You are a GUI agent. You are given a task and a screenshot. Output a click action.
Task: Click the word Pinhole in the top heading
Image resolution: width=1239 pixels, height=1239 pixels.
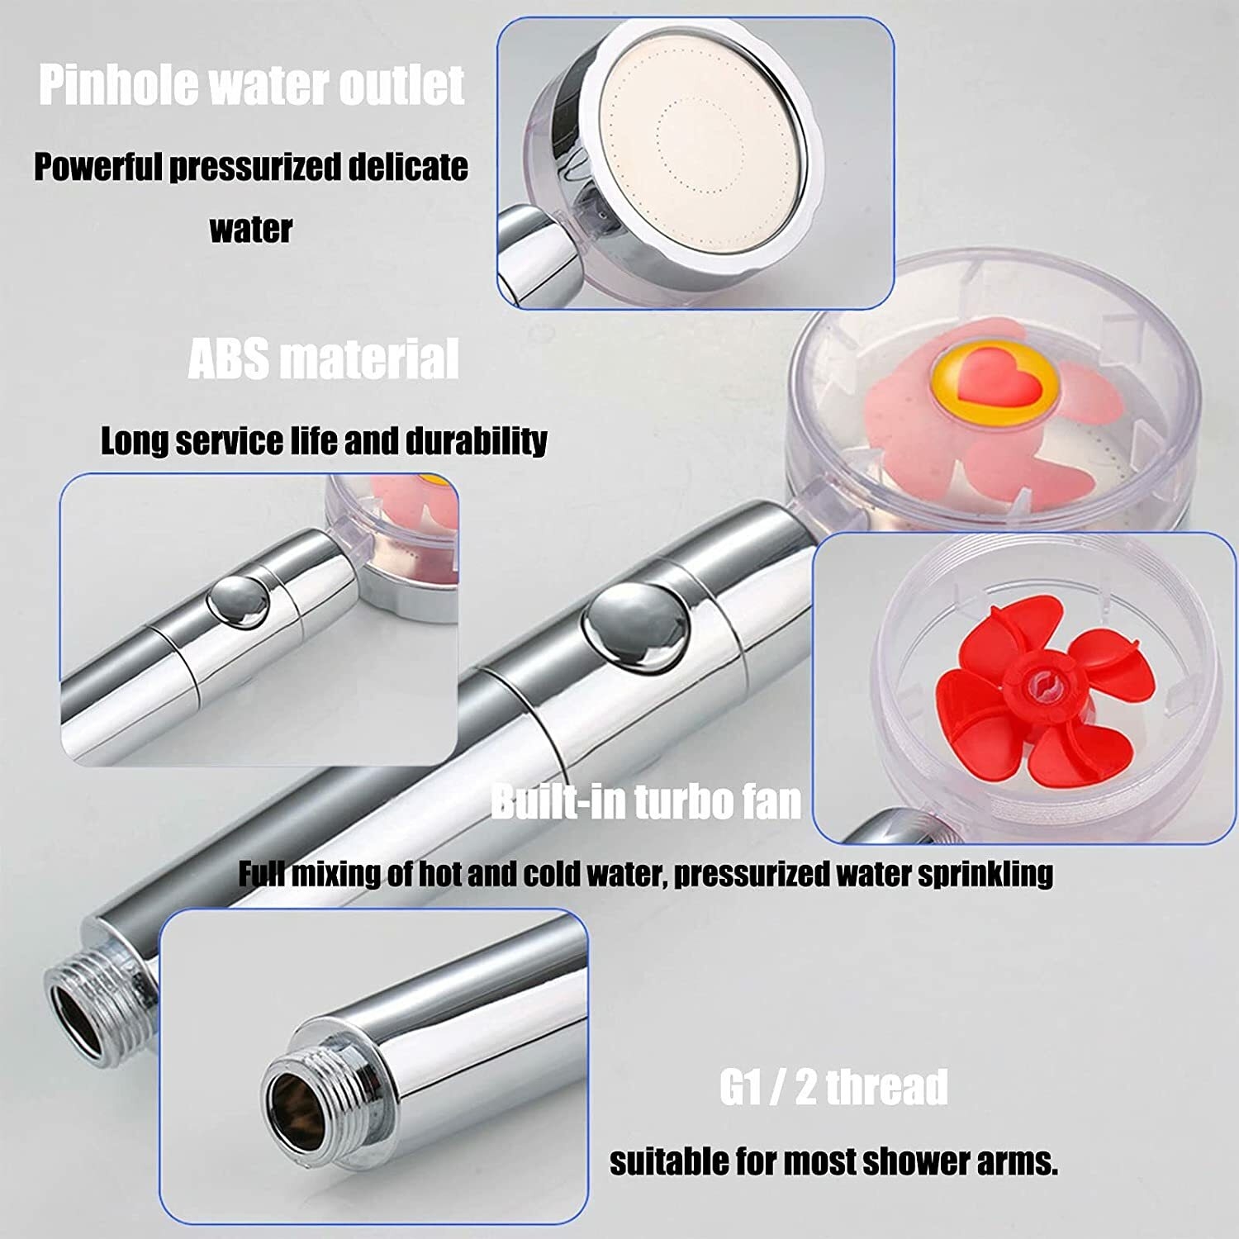[x=118, y=84]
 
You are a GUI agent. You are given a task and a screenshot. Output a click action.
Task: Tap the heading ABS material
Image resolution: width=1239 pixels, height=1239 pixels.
[x=323, y=358]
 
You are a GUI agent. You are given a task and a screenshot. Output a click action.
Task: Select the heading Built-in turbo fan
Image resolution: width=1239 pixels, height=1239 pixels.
[x=646, y=801]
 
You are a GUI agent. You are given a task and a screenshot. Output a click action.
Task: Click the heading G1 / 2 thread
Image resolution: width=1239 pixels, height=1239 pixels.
[x=833, y=1086]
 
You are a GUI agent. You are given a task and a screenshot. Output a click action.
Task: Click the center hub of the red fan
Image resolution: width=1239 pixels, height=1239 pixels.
[x=1043, y=685]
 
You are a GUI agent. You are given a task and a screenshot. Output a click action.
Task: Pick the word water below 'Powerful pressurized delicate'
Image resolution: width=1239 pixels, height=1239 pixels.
[x=251, y=230]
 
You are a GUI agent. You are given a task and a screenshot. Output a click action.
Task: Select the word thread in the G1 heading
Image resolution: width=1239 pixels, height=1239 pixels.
[x=886, y=1086]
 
